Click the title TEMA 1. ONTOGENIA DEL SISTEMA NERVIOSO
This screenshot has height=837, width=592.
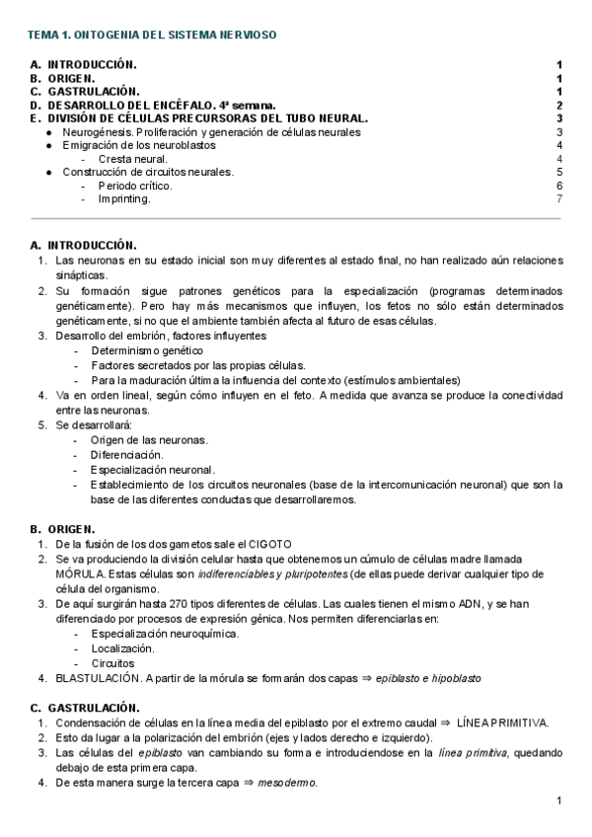tap(152, 35)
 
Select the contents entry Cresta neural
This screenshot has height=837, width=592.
tap(132, 158)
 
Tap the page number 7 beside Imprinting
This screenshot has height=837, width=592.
tap(558, 198)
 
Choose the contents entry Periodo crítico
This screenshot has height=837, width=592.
tap(134, 186)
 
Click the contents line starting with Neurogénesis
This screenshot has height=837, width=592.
tap(210, 132)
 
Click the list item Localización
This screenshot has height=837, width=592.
tap(122, 648)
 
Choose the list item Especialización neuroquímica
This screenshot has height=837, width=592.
tap(165, 634)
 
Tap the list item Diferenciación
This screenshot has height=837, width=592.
tap(126, 454)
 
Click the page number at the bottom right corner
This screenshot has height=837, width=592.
tap(558, 800)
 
